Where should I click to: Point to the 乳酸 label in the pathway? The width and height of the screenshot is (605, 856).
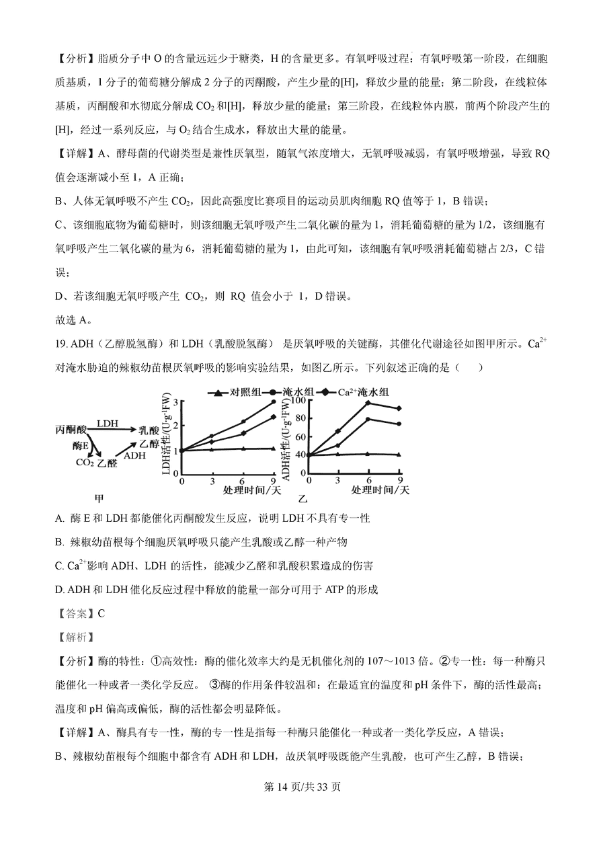coord(149,430)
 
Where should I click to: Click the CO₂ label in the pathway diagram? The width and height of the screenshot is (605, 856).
coord(84,463)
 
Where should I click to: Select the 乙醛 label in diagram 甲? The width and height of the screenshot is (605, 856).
coord(107,463)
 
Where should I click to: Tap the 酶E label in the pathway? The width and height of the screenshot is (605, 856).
coord(81,445)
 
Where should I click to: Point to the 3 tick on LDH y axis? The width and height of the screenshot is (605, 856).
coord(175,402)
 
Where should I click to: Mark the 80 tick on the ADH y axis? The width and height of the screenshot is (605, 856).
coord(300,418)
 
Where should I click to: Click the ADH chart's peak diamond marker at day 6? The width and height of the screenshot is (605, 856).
coord(368,403)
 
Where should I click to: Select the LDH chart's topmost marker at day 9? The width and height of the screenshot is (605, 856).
coord(274,402)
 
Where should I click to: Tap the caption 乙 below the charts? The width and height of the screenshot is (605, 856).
coord(302,498)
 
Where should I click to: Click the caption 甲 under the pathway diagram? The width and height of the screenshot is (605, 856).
coord(99,498)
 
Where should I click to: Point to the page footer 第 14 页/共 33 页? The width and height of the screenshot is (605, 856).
coord(302,787)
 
